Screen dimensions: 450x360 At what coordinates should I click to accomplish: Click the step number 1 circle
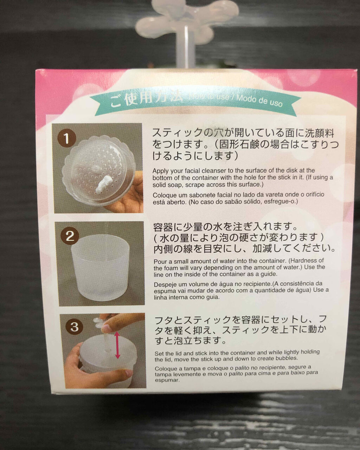[66, 138]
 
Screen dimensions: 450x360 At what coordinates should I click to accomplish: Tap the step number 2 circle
[70, 236]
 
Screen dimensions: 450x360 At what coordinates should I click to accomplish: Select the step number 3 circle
[74, 327]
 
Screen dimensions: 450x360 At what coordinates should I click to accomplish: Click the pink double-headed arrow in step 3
[117, 345]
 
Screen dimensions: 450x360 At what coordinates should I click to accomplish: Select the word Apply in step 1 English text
[161, 171]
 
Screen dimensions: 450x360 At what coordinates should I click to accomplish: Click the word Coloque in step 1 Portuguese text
[164, 195]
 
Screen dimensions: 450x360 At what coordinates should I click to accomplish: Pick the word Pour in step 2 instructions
[160, 261]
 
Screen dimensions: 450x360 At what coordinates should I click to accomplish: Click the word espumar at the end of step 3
[167, 380]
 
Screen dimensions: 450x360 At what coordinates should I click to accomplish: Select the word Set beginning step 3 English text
[159, 353]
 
